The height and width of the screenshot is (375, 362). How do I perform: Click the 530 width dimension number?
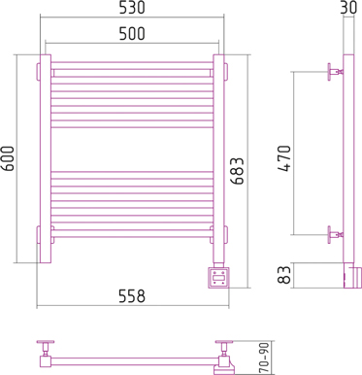(x=132, y=8)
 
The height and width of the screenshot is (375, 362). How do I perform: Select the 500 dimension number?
(x=132, y=34)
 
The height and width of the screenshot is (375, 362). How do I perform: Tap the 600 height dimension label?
(x=8, y=158)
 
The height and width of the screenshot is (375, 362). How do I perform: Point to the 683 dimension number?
(x=238, y=171)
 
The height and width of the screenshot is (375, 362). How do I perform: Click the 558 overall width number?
(x=132, y=296)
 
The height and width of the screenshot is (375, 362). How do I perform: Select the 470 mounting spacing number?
(x=284, y=158)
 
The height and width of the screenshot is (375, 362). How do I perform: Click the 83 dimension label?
(x=284, y=275)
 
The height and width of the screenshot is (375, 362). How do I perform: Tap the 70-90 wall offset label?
(x=264, y=358)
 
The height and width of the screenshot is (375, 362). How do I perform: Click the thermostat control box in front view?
(x=218, y=277)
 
